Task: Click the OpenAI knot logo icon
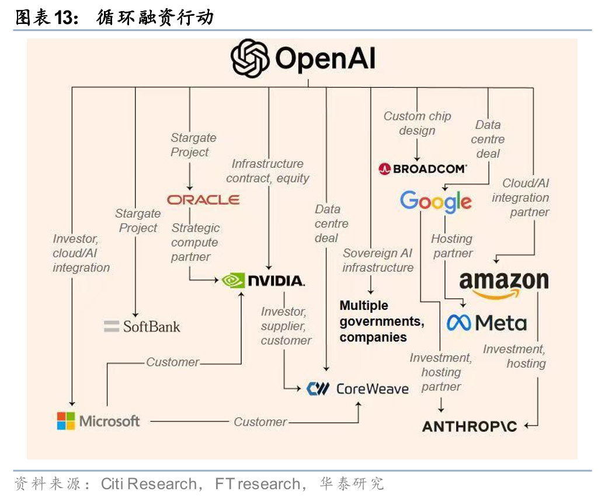click(x=251, y=58)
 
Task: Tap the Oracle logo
click(x=203, y=199)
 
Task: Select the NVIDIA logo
click(x=263, y=281)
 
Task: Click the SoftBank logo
click(x=142, y=326)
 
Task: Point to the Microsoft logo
click(x=98, y=421)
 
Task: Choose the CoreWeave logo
click(x=357, y=388)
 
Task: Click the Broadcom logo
click(x=422, y=169)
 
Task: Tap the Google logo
click(x=436, y=202)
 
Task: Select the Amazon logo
click(x=503, y=283)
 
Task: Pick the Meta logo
click(x=486, y=323)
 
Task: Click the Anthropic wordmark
click(x=470, y=426)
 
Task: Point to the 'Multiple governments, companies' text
click(x=382, y=321)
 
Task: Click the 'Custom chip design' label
click(x=417, y=123)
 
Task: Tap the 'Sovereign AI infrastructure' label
click(x=378, y=260)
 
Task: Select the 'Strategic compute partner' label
click(x=195, y=242)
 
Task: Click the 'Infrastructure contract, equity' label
click(x=267, y=171)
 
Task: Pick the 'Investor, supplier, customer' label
click(x=286, y=326)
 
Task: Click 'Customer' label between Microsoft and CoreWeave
click(x=260, y=421)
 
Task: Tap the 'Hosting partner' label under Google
click(x=452, y=245)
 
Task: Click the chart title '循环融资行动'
click(x=155, y=18)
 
